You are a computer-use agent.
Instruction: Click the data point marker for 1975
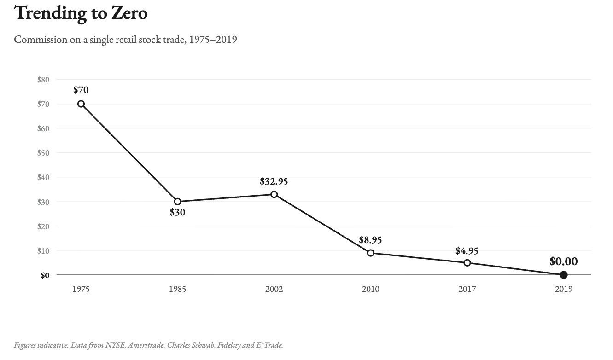pyautogui.click(x=81, y=104)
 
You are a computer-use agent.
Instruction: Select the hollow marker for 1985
pyautogui.click(x=178, y=202)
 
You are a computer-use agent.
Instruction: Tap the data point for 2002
pyautogui.click(x=274, y=194)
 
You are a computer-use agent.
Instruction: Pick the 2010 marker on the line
pyautogui.click(x=371, y=253)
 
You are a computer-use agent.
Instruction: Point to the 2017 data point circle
pyautogui.click(x=467, y=263)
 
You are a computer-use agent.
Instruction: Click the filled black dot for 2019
pyautogui.click(x=563, y=275)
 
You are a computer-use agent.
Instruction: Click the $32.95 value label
pyautogui.click(x=274, y=181)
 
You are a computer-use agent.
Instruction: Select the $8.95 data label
pyautogui.click(x=370, y=240)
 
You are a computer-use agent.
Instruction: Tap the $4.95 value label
pyautogui.click(x=467, y=251)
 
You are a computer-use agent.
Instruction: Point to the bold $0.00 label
pyautogui.click(x=563, y=261)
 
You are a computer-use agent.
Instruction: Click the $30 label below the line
pyautogui.click(x=177, y=212)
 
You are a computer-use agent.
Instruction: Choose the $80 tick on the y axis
pyautogui.click(x=43, y=80)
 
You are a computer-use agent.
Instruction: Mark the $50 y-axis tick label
pyautogui.click(x=43, y=153)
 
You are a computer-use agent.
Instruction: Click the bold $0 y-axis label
pyautogui.click(x=45, y=275)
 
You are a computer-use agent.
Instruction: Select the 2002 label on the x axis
pyautogui.click(x=274, y=289)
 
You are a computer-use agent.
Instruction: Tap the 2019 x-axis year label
pyautogui.click(x=563, y=289)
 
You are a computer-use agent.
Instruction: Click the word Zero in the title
pyautogui.click(x=129, y=13)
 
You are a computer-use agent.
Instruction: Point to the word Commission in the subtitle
pyautogui.click(x=41, y=40)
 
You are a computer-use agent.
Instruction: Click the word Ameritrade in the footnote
pyautogui.click(x=146, y=345)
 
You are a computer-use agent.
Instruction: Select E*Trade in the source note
pyautogui.click(x=269, y=345)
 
